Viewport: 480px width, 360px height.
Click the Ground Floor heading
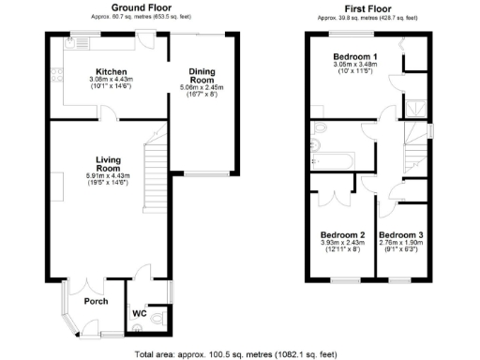pos(125,7)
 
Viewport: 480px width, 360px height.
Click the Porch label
pos(96,301)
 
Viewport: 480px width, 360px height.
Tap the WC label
pos(138,312)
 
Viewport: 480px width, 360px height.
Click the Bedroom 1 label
pos(355,57)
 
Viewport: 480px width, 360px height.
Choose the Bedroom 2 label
pos(342,235)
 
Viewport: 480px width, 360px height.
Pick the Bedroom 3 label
pos(401,235)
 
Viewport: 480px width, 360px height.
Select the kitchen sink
pos(75,42)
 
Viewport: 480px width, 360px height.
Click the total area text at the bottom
pos(240,355)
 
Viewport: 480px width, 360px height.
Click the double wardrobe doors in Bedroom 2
pos(330,197)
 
